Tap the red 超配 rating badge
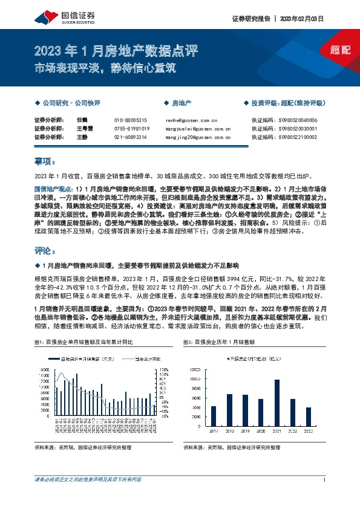341,50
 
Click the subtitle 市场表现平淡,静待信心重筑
105,68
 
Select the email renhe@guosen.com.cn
191,120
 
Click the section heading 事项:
45,162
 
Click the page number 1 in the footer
325,496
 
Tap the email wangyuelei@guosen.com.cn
198,129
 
